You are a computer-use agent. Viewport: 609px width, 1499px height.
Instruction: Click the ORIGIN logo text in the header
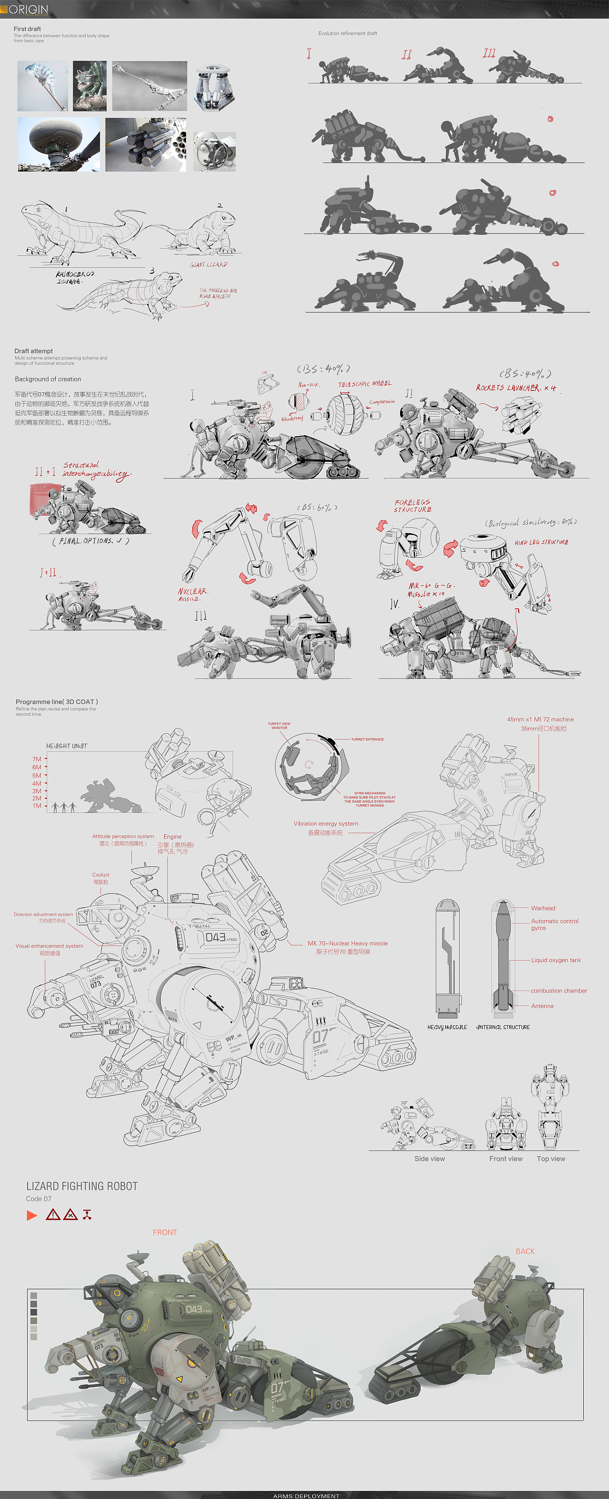pos(28,10)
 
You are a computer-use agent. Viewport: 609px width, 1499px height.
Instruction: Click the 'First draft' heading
pos(28,29)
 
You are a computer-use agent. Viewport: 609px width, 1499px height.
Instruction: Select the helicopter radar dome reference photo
pos(50,144)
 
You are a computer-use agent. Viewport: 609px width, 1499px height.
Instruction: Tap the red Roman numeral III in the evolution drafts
pos(489,54)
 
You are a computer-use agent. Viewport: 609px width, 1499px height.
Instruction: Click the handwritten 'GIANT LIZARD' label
pos(208,265)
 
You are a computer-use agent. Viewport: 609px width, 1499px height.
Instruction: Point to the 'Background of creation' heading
pos(48,379)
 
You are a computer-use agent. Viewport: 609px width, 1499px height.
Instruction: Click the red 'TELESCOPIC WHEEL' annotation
pos(364,384)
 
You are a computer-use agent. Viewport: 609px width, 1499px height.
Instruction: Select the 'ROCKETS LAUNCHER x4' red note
pos(516,388)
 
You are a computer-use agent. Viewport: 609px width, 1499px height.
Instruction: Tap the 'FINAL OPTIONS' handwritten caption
pos(90,541)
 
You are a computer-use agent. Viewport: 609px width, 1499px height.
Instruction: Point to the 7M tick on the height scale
pos(37,759)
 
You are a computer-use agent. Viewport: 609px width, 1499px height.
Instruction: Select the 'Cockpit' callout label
pos(101,875)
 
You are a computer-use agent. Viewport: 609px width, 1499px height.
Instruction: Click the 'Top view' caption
pos(551,1158)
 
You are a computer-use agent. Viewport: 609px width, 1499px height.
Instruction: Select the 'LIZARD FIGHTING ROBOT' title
pos(82,1186)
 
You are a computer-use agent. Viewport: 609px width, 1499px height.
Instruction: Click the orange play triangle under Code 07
pos(32,1215)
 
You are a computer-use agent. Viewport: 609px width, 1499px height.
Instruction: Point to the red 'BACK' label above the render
pos(525,1251)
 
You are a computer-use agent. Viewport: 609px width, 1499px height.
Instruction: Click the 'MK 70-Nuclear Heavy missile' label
pos(348,943)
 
